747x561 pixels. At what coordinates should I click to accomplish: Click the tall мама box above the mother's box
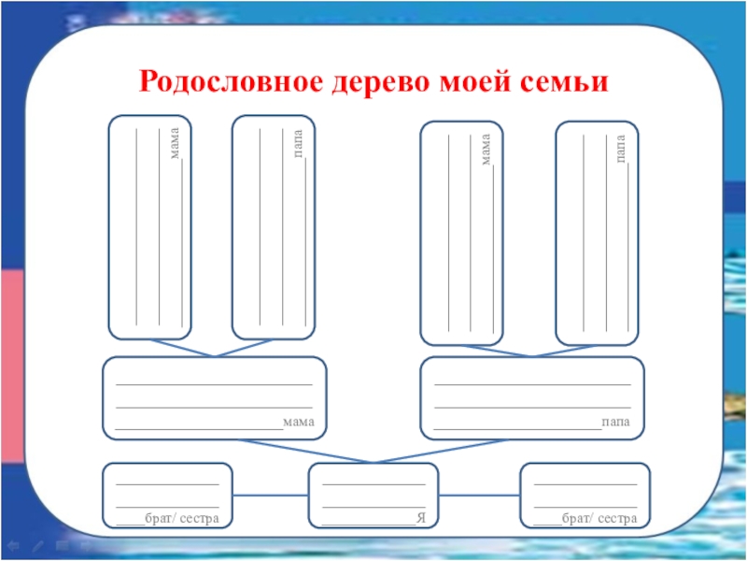point(149,227)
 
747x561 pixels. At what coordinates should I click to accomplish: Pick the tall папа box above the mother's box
point(272,227)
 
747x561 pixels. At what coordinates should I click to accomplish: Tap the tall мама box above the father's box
point(461,232)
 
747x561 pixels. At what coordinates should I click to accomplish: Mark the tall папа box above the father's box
point(598,232)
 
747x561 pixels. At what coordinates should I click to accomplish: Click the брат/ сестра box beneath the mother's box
point(167,496)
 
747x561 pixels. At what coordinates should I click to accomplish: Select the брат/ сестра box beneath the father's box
point(585,496)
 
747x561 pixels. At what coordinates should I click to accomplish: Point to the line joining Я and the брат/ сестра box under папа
point(479,495)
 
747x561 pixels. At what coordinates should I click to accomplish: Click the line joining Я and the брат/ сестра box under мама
point(270,495)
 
